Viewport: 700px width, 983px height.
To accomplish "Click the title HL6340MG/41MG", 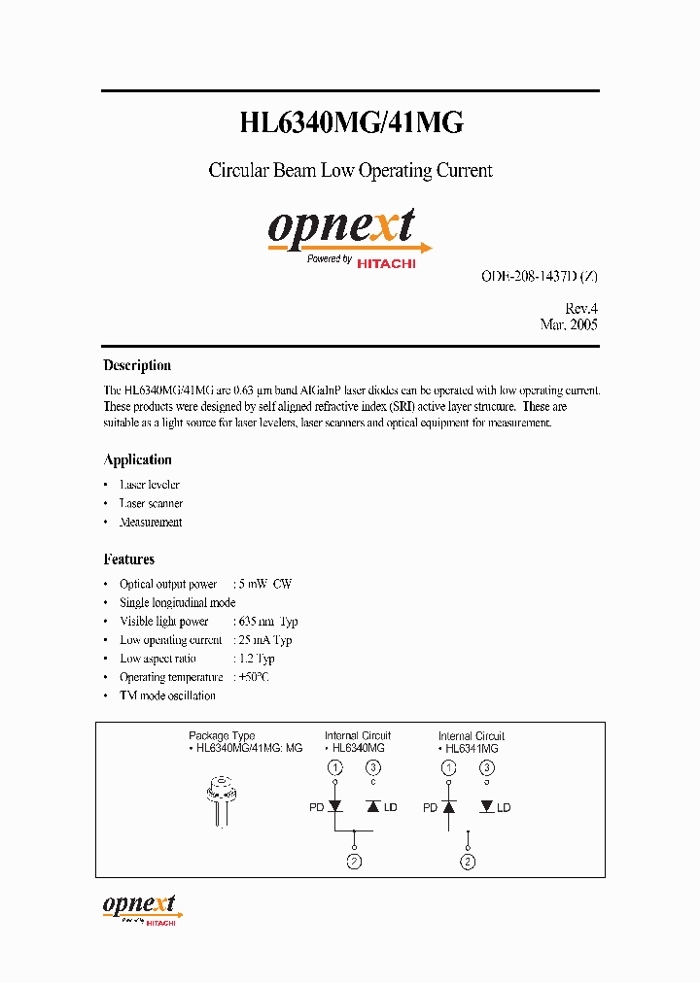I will (351, 122).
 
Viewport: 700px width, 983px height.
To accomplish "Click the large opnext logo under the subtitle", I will (342, 227).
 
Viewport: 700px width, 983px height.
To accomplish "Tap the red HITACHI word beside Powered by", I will (386, 262).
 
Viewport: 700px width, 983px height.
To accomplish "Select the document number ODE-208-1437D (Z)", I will (539, 276).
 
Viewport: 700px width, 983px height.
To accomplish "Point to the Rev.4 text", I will (580, 307).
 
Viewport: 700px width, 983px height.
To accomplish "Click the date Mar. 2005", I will (569, 324).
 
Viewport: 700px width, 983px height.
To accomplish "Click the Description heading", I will (137, 366).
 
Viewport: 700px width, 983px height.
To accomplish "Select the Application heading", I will (137, 460).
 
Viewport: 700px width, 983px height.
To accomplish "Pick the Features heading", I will (128, 559).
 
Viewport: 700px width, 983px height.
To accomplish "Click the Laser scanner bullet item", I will (151, 503).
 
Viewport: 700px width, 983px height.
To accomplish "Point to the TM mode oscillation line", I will (167, 695).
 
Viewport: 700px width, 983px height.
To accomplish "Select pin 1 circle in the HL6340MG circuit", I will (335, 768).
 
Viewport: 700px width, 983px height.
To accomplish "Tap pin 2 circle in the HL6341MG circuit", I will (469, 862).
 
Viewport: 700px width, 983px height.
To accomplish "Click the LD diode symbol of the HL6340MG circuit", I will (373, 807).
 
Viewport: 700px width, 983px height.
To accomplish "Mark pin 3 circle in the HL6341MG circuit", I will (486, 768).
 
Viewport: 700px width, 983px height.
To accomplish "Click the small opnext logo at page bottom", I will (141, 907).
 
